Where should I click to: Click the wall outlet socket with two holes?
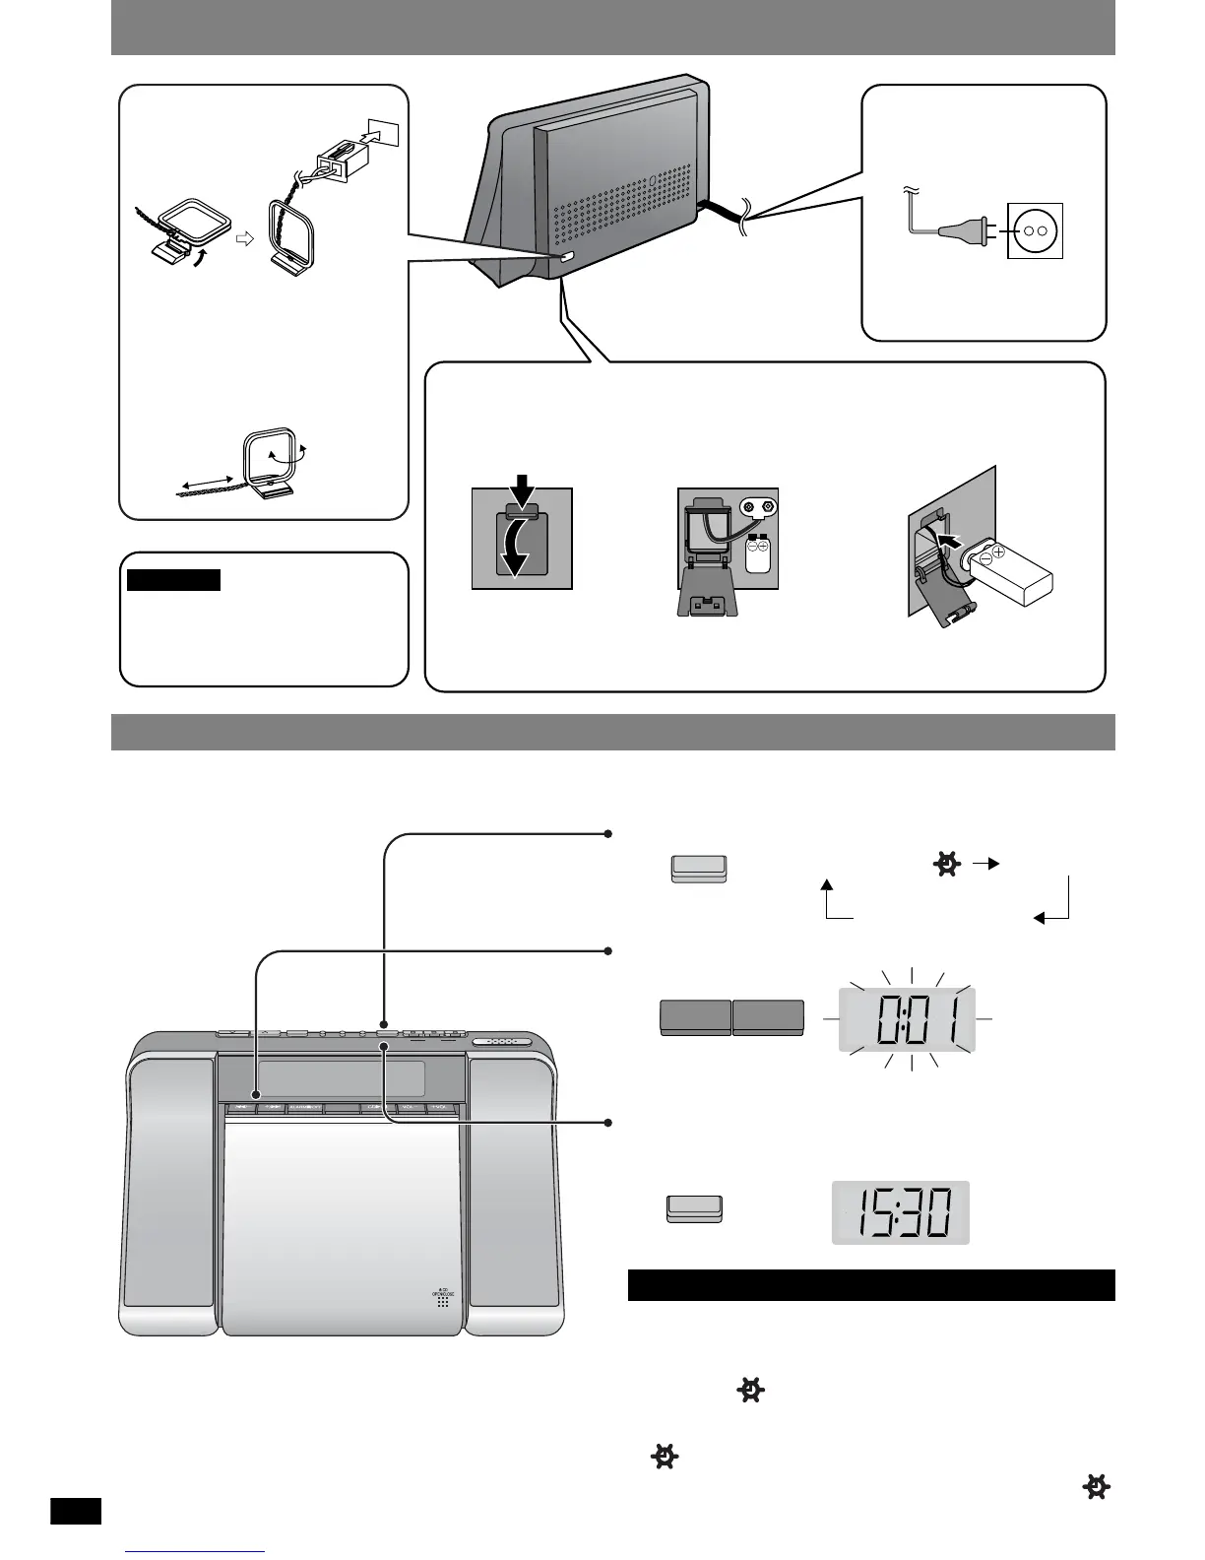1035,229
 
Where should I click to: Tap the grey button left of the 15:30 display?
695,1208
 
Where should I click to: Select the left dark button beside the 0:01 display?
695,1017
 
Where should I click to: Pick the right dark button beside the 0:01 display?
769,1017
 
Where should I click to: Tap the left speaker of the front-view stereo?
171,1195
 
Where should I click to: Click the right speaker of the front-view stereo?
514,1195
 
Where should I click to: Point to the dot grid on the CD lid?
443,1301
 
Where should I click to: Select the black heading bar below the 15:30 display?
870,1285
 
